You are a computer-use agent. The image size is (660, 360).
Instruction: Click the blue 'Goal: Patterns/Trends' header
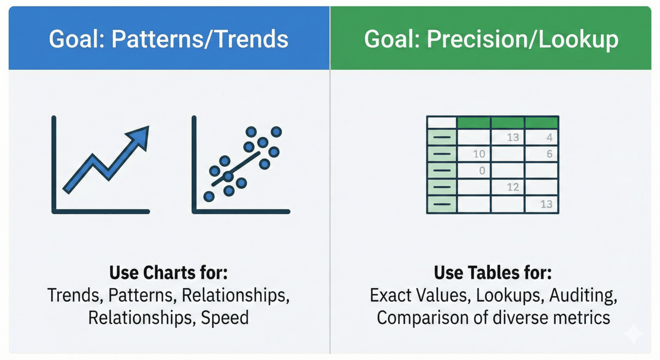[169, 39]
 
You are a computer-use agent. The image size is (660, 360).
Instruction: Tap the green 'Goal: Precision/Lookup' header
[491, 39]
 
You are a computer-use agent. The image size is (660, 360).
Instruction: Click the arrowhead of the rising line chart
[140, 135]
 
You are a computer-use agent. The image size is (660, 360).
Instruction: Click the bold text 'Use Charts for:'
[168, 272]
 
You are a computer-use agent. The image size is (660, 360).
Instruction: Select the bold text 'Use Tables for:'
[493, 272]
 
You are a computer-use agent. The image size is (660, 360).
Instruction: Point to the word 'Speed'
[225, 317]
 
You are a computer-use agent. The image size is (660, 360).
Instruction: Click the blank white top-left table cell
[442, 123]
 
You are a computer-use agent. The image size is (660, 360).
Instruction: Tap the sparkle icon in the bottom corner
[634, 335]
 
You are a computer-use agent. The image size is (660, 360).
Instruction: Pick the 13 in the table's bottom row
[546, 204]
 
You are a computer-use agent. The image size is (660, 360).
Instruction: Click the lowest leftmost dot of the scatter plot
[209, 197]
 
